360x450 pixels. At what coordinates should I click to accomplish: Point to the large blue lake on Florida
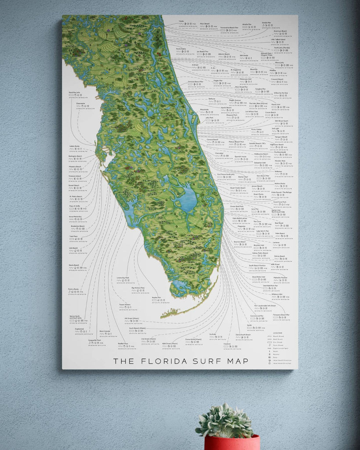pos(187,200)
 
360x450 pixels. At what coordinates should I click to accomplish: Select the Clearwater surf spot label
pos(80,104)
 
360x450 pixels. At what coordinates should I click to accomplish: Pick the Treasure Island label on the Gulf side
pos(75,176)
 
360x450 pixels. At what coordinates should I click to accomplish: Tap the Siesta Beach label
pos(74,265)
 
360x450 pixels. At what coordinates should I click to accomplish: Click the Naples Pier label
pos(157,298)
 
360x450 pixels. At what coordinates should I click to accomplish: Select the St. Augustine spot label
pos(235,69)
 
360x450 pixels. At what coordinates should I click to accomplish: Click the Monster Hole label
pos(280,161)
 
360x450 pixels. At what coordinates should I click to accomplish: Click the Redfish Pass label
pos(123,344)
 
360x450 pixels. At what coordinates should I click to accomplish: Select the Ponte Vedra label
pos(182,49)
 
